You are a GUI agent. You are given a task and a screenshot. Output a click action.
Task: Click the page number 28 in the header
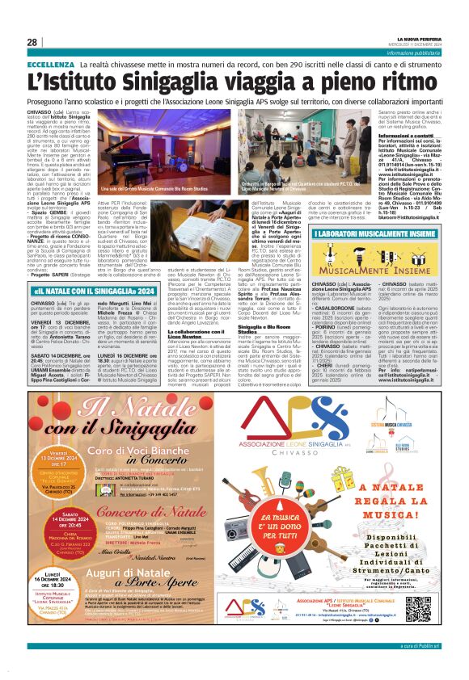coord(32,43)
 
